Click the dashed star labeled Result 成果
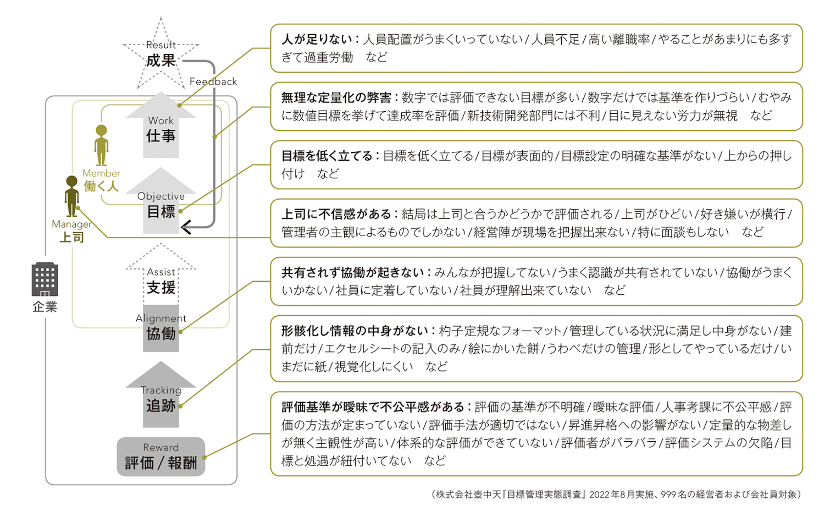[x=161, y=55]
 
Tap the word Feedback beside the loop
[x=213, y=81]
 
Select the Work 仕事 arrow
[x=161, y=130]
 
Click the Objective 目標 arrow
[x=161, y=205]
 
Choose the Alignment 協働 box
[x=161, y=328]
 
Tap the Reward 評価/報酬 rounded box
[x=161, y=457]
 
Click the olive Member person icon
[x=101, y=145]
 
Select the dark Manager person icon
[x=71, y=196]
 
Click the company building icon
[x=45, y=279]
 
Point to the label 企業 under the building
[x=45, y=307]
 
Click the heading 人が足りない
[x=317, y=39]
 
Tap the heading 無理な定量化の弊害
[x=336, y=97]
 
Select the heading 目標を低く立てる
[x=327, y=156]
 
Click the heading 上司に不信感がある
[x=336, y=214]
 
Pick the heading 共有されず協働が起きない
[x=352, y=272]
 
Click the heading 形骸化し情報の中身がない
[x=355, y=331]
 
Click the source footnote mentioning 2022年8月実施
[x=616, y=495]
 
